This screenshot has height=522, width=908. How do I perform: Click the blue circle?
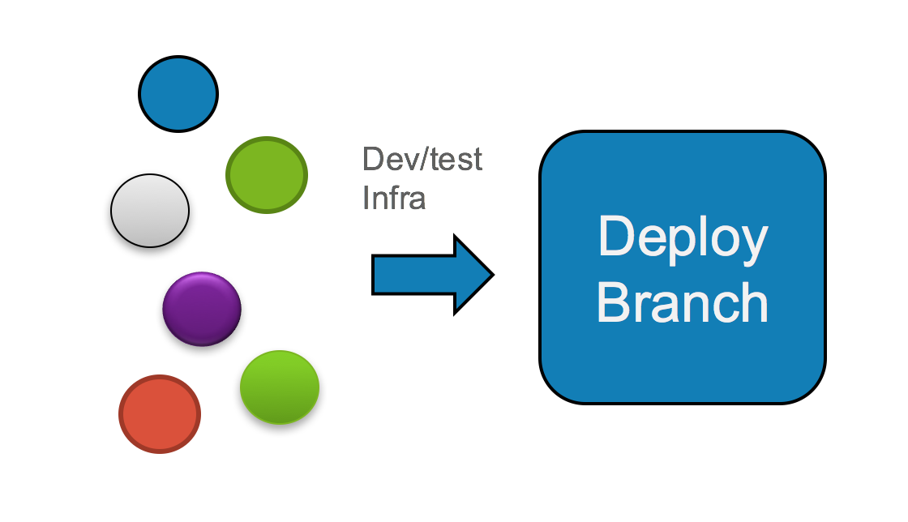click(178, 93)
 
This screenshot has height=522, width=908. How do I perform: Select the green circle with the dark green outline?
click(267, 175)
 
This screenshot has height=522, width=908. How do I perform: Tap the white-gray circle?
click(150, 211)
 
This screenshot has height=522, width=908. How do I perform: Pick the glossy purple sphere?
click(202, 309)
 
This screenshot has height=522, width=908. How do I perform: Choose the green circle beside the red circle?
click(280, 387)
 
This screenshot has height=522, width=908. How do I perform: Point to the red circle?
click(160, 413)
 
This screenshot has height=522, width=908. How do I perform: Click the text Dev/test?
click(422, 159)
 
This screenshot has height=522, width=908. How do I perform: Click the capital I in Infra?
click(367, 197)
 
